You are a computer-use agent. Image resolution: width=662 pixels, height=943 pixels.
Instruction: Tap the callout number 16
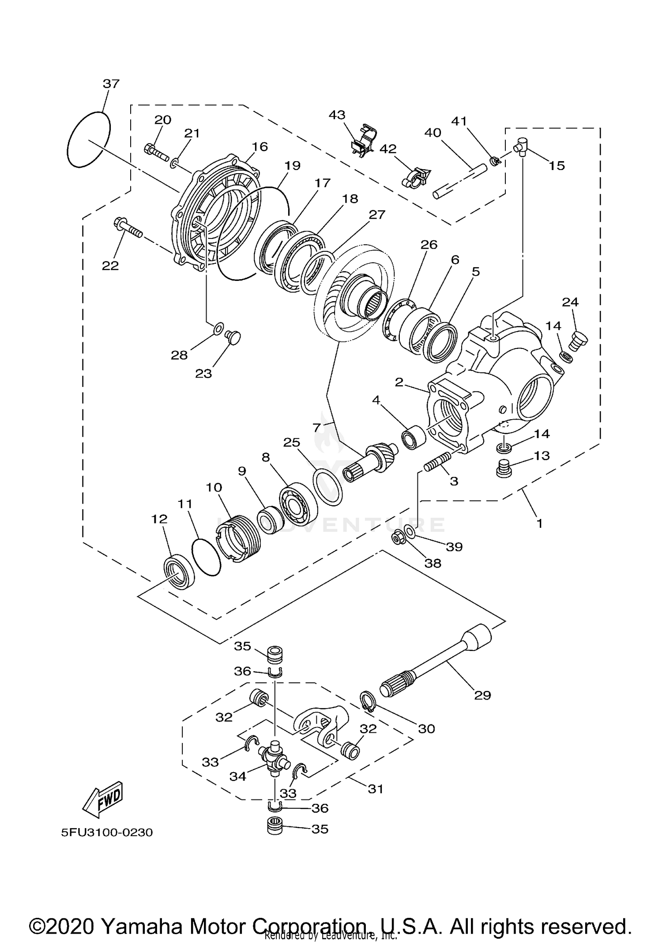point(260,147)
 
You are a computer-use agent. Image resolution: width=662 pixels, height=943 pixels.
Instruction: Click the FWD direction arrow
point(103,800)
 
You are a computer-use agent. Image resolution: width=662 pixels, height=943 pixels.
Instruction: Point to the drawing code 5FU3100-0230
point(107,833)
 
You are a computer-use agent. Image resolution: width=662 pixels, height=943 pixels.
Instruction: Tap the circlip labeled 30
point(368,701)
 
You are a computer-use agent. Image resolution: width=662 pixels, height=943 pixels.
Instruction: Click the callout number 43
point(337,115)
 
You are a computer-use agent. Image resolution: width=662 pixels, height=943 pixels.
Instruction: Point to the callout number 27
point(377,214)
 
